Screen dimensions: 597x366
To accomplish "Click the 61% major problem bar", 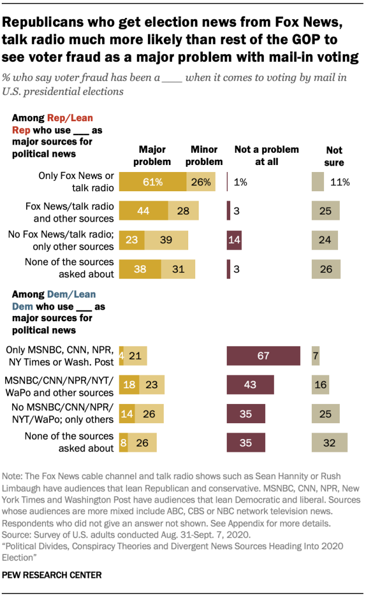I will click(152, 182).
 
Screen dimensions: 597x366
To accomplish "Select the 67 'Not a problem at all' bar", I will click(263, 356).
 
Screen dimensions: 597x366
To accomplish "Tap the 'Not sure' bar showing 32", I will click(329, 443).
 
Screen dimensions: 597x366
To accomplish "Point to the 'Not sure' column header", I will click(335, 156).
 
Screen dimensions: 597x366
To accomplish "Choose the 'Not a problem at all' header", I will click(266, 155).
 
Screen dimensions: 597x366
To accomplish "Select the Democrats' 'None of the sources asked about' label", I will click(69, 443).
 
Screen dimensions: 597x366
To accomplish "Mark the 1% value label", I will click(240, 182).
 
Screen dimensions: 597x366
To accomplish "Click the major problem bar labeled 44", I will click(143, 210).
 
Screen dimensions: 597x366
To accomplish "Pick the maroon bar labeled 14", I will click(234, 239).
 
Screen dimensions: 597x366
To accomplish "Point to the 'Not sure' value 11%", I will click(340, 182).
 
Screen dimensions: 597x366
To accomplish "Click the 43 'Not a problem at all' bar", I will click(251, 385).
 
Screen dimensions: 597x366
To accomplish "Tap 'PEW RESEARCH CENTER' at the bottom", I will click(52, 575).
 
